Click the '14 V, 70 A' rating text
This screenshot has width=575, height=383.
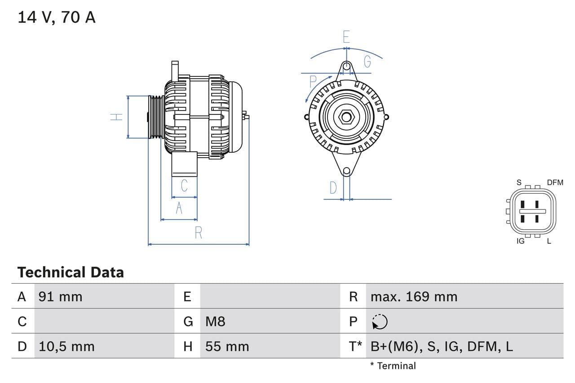pos(57,18)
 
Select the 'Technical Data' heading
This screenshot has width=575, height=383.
pos(71,272)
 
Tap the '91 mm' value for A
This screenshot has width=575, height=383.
pos(60,296)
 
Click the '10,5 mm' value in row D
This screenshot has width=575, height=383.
pos(66,346)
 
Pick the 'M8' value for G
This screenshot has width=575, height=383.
pos(215,321)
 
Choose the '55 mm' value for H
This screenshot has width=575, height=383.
pos(227,346)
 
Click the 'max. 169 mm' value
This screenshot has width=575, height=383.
pos(414,296)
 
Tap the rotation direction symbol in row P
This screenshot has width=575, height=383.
pos(380,321)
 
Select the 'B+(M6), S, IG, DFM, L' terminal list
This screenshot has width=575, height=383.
pos(442,346)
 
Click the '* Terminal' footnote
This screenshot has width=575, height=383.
pos(393,365)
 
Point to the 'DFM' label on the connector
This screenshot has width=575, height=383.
pos(555,182)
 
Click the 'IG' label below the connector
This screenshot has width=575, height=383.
pos(521,241)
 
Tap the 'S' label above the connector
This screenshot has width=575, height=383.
pos(519,182)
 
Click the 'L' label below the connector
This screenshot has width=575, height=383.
pos(549,241)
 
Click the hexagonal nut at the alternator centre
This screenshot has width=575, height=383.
pos(346,117)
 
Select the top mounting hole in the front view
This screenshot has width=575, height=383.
pos(346,66)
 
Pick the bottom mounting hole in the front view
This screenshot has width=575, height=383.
pos(346,171)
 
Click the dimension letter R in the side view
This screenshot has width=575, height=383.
pos(198,233)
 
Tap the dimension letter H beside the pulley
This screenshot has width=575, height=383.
pos(117,117)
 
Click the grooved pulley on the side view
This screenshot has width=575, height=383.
pos(156,117)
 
